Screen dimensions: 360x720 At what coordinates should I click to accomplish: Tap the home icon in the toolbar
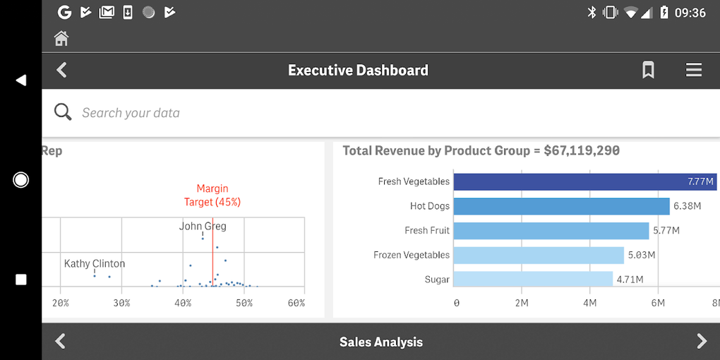61,38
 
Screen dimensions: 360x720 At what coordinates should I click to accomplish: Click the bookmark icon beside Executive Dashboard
648,70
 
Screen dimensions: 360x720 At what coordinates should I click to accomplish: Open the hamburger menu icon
694,70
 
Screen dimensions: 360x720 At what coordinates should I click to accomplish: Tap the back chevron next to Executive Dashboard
62,70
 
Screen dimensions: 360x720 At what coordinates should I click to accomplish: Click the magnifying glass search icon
63,112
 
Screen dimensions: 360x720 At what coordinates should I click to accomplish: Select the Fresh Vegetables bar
584,181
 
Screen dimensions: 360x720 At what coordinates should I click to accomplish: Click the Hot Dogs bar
561,206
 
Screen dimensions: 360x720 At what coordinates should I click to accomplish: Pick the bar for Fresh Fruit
551,231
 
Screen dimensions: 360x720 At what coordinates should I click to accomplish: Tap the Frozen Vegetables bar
539,255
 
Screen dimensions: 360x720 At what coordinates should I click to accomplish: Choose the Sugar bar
533,280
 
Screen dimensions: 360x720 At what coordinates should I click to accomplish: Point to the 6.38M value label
688,206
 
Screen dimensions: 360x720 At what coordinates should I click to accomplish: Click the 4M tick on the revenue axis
589,303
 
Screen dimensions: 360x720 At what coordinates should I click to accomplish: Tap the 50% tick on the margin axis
244,303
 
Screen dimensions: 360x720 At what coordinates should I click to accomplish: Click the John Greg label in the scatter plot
203,227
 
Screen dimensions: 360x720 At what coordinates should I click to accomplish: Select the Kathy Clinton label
95,263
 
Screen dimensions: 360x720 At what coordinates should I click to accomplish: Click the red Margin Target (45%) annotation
212,195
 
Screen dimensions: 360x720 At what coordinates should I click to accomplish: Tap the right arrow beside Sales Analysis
702,342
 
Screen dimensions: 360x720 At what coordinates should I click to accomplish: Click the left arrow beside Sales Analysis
61,342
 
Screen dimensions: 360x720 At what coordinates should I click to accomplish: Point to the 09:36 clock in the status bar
690,13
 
